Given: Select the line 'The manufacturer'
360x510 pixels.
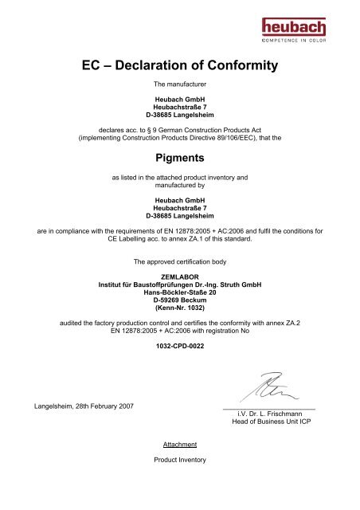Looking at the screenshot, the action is (x=180, y=84).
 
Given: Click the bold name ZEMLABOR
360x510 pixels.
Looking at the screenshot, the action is (x=180, y=277).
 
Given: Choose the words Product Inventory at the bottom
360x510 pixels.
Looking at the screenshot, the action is (x=180, y=460).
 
